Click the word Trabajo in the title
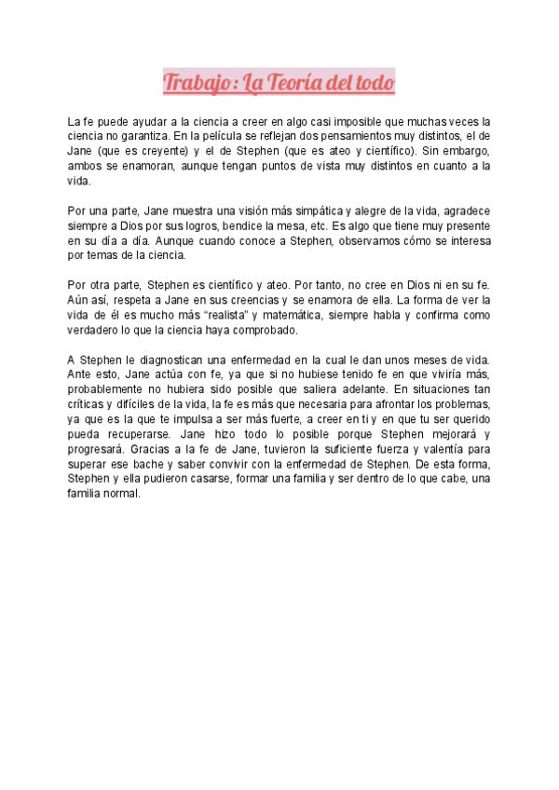(x=197, y=84)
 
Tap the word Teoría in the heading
(x=296, y=84)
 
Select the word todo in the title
(x=374, y=84)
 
